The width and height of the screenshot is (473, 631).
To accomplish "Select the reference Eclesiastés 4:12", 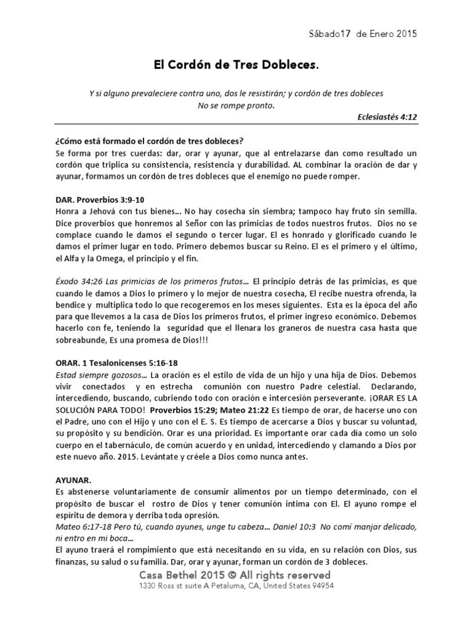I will (386, 116).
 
